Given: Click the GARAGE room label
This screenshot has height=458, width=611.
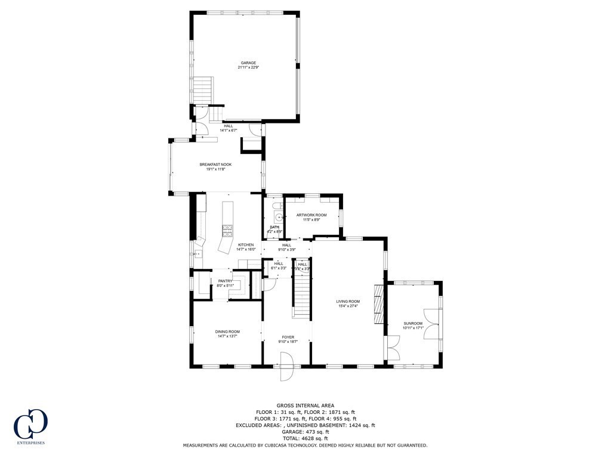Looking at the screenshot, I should click(248, 63).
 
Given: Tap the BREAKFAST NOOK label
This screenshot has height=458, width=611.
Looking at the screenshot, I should click(215, 165).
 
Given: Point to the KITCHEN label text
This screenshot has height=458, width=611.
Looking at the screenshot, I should click(246, 245).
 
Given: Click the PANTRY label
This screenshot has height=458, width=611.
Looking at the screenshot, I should click(225, 281).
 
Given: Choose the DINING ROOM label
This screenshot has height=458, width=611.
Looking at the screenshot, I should click(227, 332).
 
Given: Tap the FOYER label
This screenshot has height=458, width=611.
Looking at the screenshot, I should click(288, 338).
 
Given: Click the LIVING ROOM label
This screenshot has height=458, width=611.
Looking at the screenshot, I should click(348, 302).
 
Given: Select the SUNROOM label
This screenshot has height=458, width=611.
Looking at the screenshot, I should click(413, 323).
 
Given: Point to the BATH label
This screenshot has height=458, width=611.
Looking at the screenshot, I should click(274, 227).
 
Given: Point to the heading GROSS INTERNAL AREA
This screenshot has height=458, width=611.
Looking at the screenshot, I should click(305, 406).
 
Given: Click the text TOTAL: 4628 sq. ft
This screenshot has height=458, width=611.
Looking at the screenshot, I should click(305, 438).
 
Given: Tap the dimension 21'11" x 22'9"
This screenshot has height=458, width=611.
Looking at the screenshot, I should click(248, 67).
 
